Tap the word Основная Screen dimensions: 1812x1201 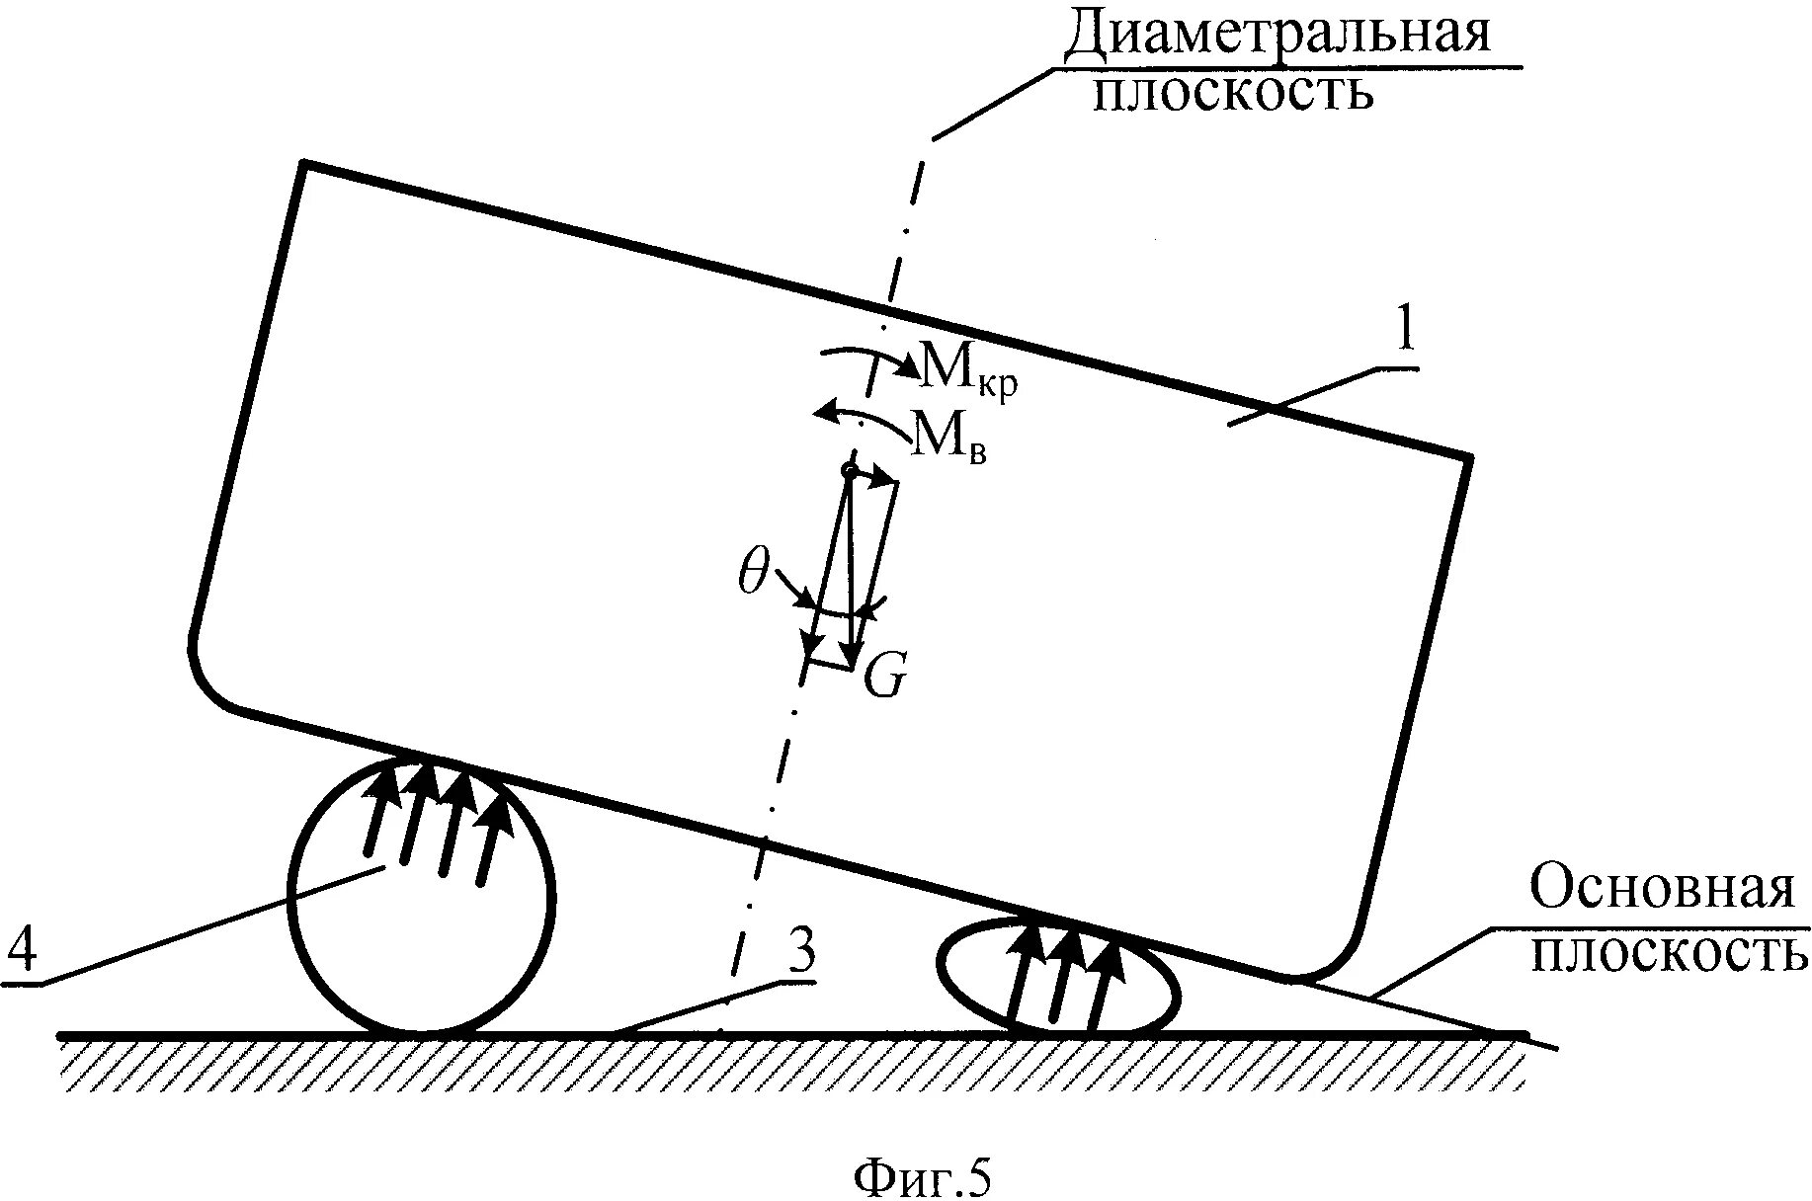1662,888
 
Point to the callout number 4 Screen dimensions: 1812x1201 22,955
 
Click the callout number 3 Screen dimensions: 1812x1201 801,954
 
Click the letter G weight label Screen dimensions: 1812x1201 884,678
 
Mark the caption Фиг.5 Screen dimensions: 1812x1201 921,1177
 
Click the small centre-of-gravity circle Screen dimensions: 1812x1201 848,470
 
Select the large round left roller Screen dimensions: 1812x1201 421,897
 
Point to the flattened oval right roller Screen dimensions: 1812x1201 1059,980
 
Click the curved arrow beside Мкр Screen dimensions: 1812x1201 869,358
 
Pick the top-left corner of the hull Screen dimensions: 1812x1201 304,163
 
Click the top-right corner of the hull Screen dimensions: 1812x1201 1469,457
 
